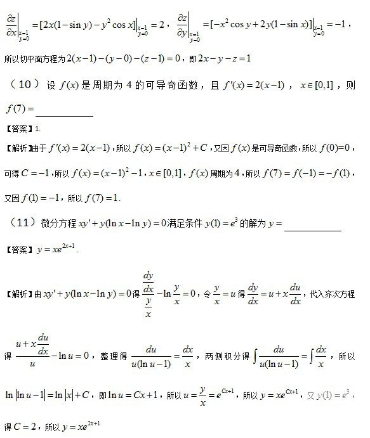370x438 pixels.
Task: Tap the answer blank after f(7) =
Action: click(x=65, y=115)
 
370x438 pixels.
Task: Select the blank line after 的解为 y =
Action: click(x=313, y=230)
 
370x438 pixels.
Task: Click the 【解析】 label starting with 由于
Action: click(x=17, y=150)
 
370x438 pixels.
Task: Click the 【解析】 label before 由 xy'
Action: click(x=17, y=294)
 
